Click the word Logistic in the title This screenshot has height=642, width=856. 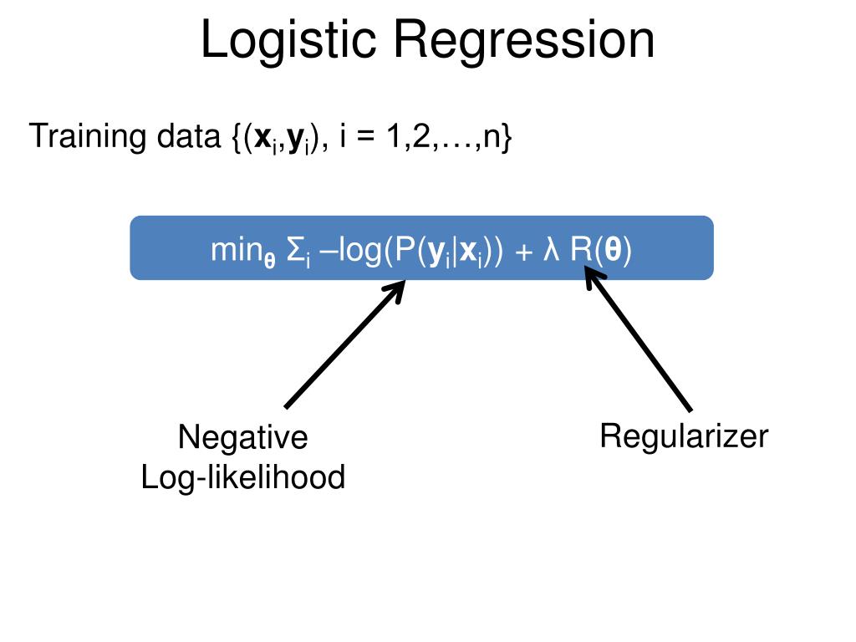click(x=288, y=40)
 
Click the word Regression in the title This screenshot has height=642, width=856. click(x=523, y=40)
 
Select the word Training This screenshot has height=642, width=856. click(x=87, y=136)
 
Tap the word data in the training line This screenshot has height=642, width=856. click(x=188, y=136)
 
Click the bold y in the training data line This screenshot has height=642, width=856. click(x=296, y=140)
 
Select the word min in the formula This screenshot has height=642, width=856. click(x=236, y=250)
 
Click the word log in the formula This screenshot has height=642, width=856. click(x=360, y=252)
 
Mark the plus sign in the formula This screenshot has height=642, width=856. click(x=523, y=252)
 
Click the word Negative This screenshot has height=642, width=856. click(x=243, y=437)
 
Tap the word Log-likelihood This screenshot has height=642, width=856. click(x=243, y=477)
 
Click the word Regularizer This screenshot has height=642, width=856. click(x=684, y=436)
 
